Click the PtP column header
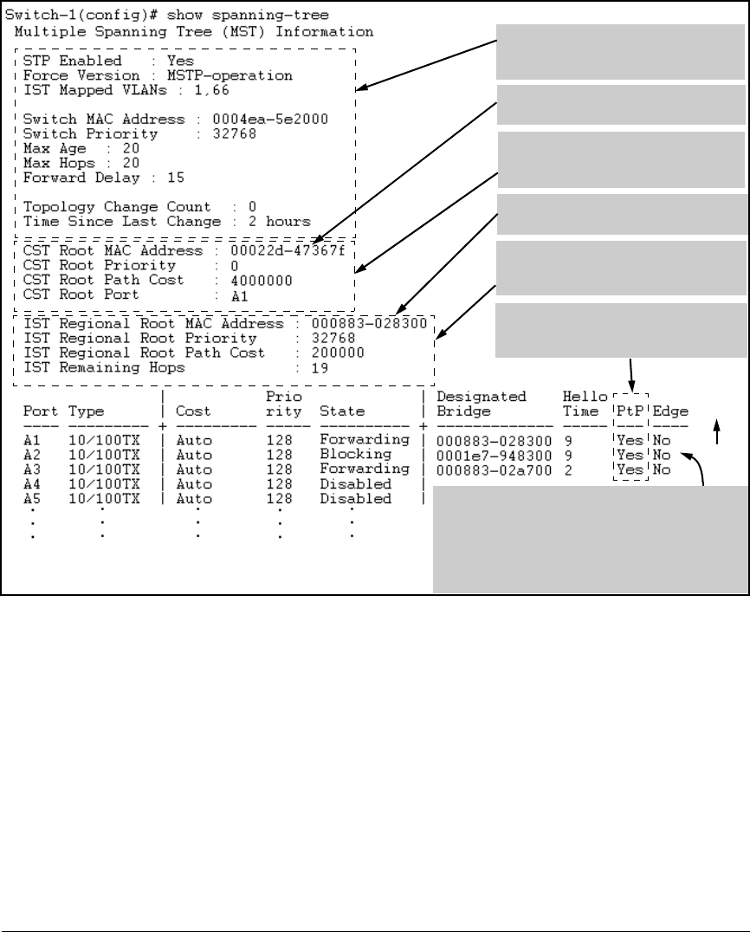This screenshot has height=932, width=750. pyautogui.click(x=628, y=411)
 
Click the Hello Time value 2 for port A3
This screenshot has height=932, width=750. pyautogui.click(x=566, y=469)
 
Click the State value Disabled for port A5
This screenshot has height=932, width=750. pyautogui.click(x=355, y=499)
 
